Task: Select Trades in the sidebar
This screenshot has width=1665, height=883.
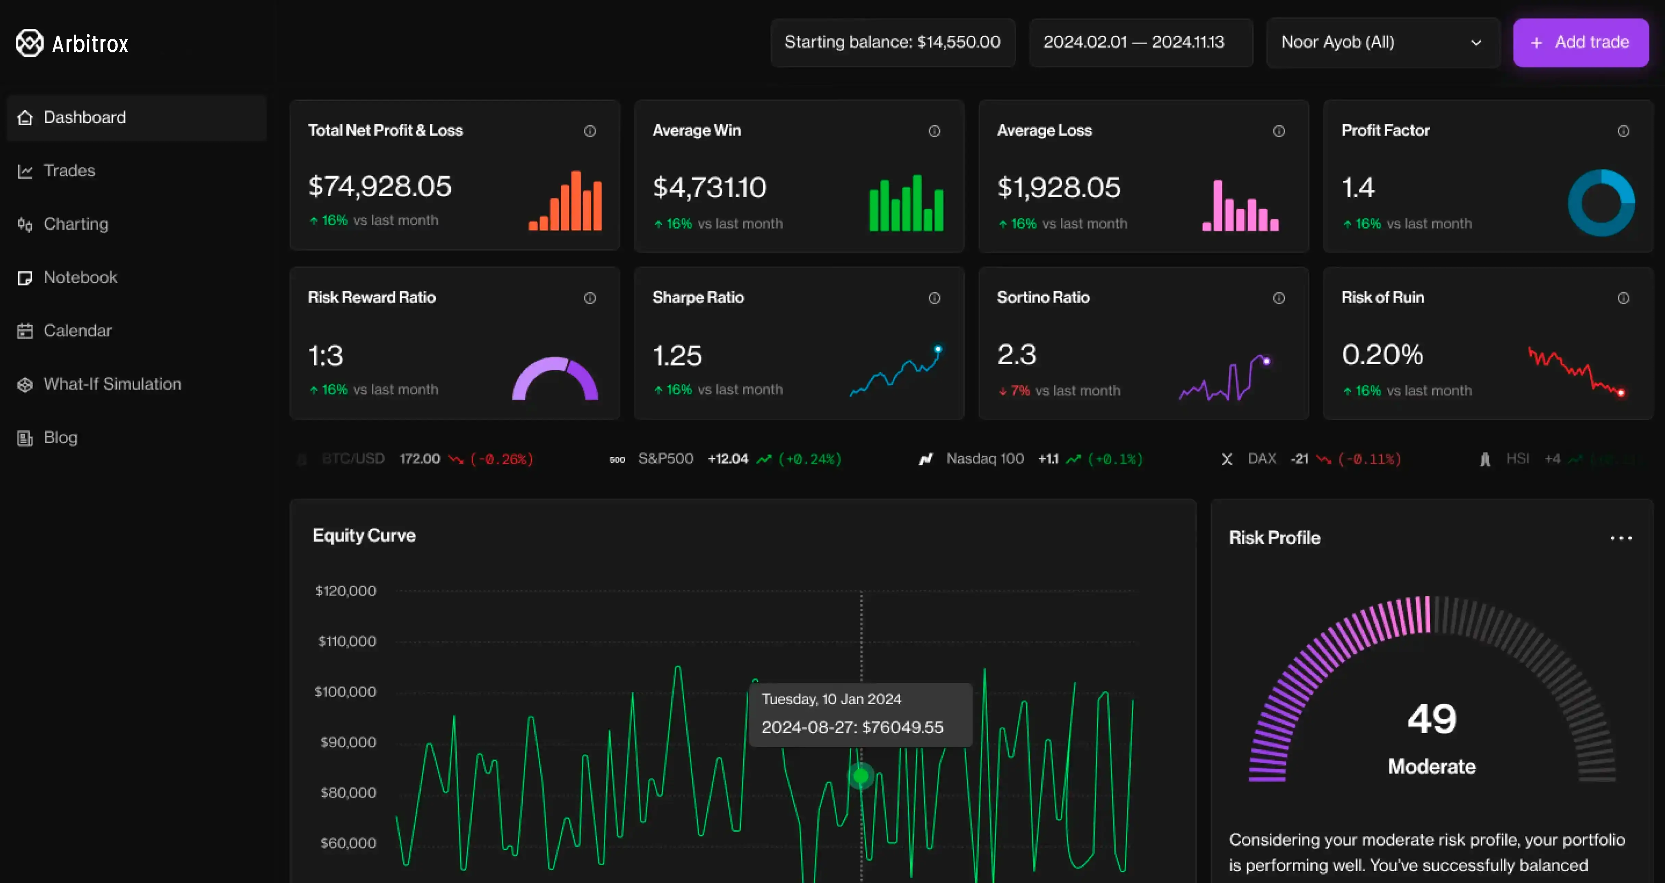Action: [x=69, y=171]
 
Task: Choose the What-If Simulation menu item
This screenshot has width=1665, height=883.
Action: [x=112, y=384]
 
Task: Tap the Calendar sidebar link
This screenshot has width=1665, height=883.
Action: [x=77, y=331]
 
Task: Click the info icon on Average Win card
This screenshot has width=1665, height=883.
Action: [x=934, y=131]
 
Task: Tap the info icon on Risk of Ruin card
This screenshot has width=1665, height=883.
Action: [x=1623, y=298]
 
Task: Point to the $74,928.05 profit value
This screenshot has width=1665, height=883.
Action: [x=379, y=187]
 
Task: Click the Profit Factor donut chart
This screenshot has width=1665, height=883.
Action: [x=1601, y=203]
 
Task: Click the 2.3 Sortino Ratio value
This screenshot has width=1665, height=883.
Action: [x=1016, y=355]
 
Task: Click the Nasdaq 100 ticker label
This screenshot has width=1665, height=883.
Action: [x=984, y=459]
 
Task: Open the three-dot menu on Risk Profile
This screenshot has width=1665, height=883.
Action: [x=1620, y=538]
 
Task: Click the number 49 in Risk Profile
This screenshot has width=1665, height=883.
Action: [x=1432, y=719]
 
